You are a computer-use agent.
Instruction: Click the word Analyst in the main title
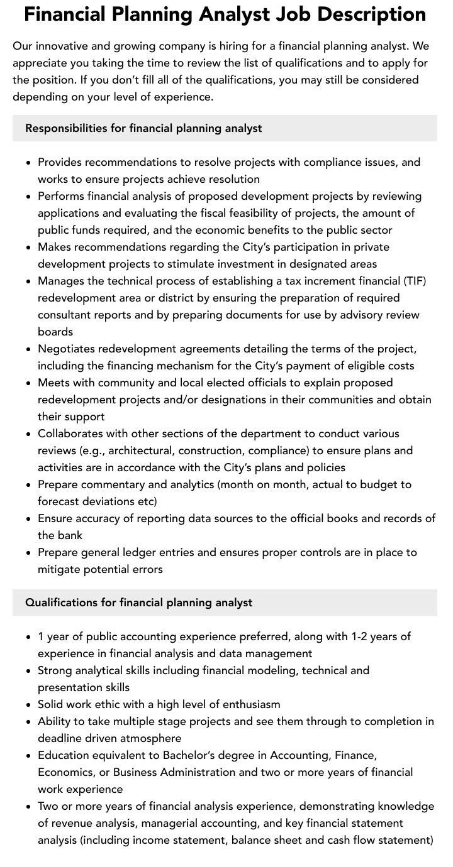247,14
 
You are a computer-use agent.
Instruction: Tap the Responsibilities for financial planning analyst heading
143,128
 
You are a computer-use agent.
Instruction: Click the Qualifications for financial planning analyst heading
138,603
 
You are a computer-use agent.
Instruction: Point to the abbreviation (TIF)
415,281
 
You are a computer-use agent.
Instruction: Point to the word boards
55,332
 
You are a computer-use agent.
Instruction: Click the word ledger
164,552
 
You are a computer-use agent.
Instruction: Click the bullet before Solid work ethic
29,705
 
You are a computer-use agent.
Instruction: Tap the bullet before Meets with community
29,383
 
